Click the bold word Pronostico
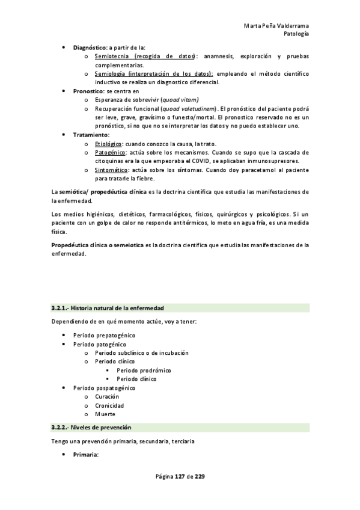tap(88, 91)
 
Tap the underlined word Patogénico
tap(109, 153)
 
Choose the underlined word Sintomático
tap(111, 170)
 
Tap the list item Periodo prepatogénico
tap(104, 334)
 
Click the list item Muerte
tap(105, 414)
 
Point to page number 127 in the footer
tap(179, 476)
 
